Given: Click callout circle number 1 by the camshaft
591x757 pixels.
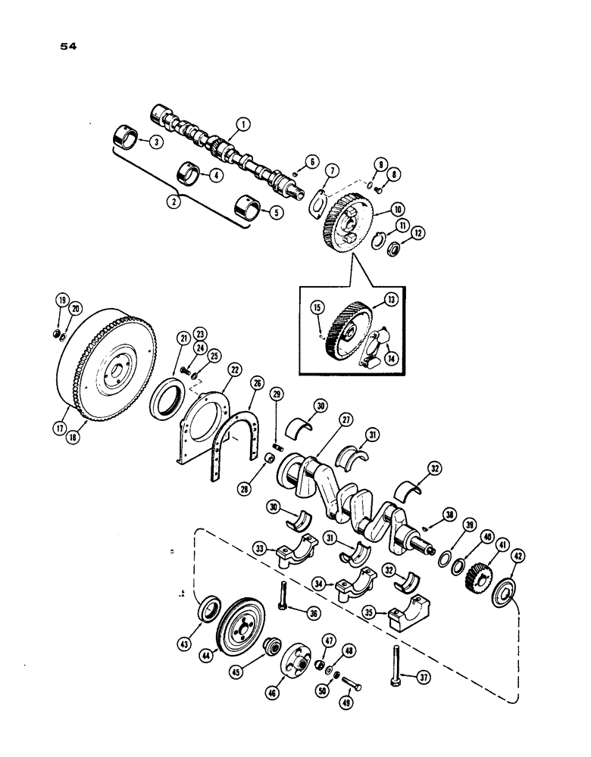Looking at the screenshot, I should click(x=242, y=123).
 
